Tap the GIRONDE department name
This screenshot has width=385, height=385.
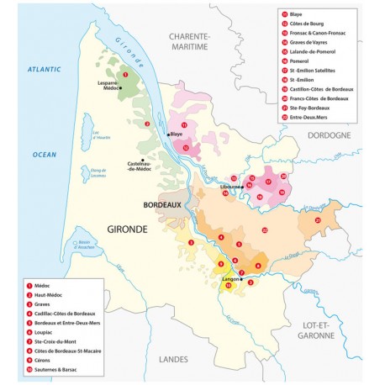[x=129, y=228]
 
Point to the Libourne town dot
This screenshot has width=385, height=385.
[x=241, y=187]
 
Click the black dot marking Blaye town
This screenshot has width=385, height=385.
[x=168, y=134]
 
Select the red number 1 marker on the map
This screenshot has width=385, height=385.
[x=124, y=75]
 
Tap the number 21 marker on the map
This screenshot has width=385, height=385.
[x=318, y=220]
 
